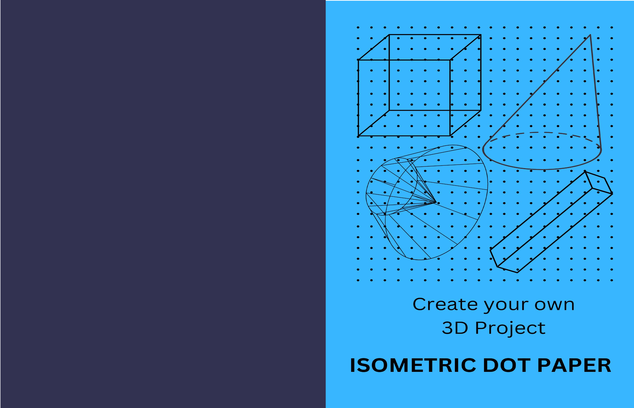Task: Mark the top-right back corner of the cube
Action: click(x=481, y=35)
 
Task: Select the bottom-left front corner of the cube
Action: click(x=358, y=136)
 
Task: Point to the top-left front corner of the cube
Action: click(x=358, y=60)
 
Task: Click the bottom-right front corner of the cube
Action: click(x=450, y=136)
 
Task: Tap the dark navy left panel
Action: click(x=163, y=204)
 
